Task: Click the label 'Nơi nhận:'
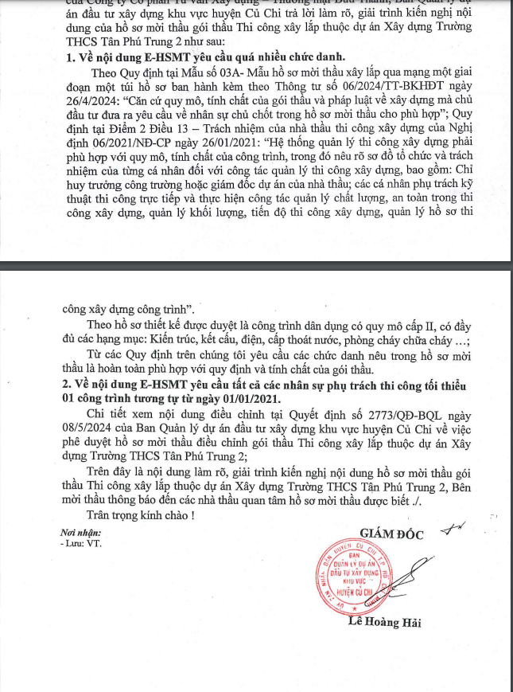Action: [x=80, y=531]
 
